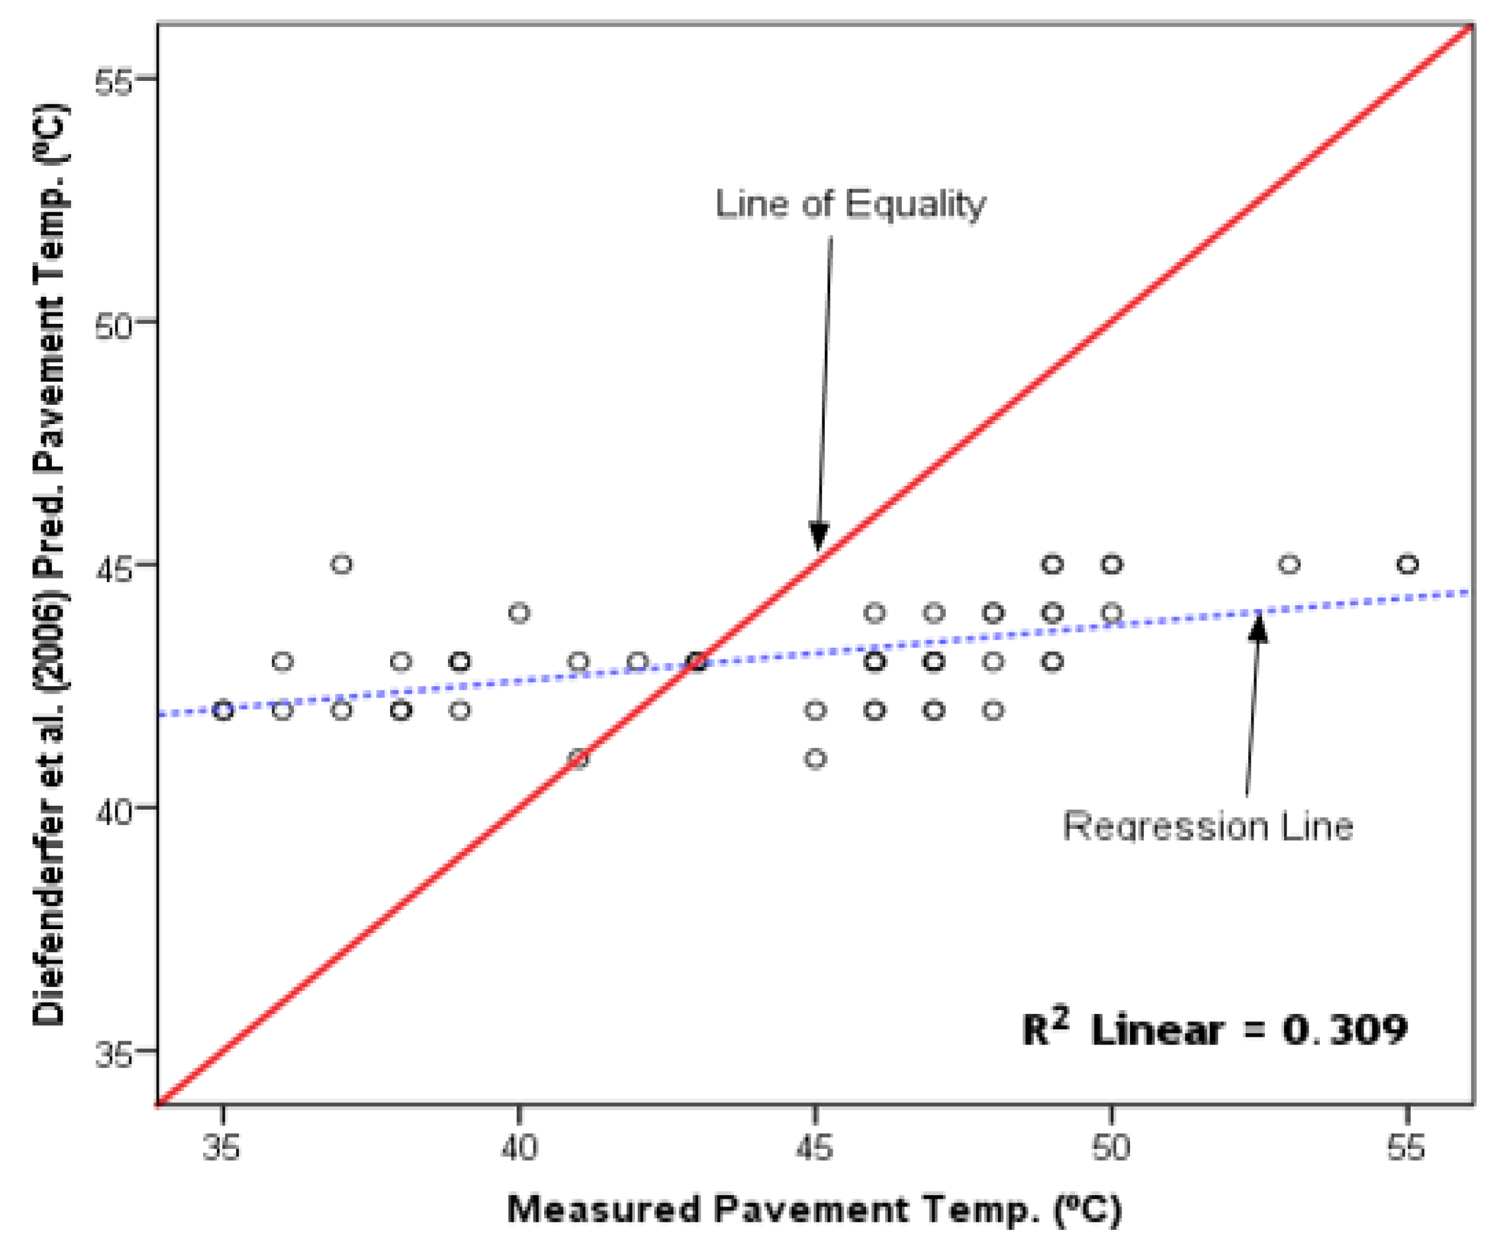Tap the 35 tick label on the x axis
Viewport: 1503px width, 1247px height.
click(x=222, y=1148)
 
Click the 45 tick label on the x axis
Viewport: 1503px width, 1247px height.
click(x=814, y=1148)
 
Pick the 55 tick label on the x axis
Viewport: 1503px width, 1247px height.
click(x=1406, y=1148)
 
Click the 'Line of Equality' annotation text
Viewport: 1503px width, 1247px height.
click(x=850, y=204)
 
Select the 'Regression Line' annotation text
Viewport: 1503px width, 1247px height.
click(x=1208, y=828)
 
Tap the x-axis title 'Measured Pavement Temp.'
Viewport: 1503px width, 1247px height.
click(x=814, y=1210)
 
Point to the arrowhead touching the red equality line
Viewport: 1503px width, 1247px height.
click(x=819, y=537)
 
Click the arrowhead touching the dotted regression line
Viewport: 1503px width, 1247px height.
click(x=1258, y=627)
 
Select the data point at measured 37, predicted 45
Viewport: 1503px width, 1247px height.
click(x=342, y=564)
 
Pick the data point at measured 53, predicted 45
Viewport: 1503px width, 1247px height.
click(x=1289, y=564)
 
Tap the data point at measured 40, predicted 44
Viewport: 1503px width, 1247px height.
click(x=520, y=613)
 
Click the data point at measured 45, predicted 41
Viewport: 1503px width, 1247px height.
click(x=815, y=758)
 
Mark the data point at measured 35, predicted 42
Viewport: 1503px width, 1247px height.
click(x=224, y=710)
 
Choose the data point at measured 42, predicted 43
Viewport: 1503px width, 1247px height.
click(x=638, y=662)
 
